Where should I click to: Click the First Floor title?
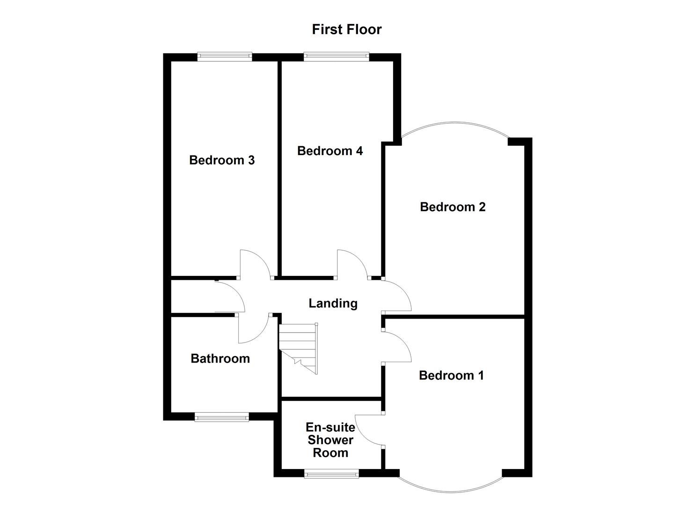[347, 30]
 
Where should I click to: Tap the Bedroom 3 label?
[222, 160]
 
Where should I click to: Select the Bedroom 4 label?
[330, 151]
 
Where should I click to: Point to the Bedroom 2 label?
[453, 207]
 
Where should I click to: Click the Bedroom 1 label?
[451, 375]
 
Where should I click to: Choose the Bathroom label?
[220, 358]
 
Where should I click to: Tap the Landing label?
[333, 303]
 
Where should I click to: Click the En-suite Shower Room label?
[330, 440]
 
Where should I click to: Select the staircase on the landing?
[299, 347]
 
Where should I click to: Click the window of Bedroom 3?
[225, 57]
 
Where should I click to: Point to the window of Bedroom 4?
[336, 57]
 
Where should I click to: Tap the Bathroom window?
[221, 417]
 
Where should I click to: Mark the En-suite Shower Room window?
[331, 474]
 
